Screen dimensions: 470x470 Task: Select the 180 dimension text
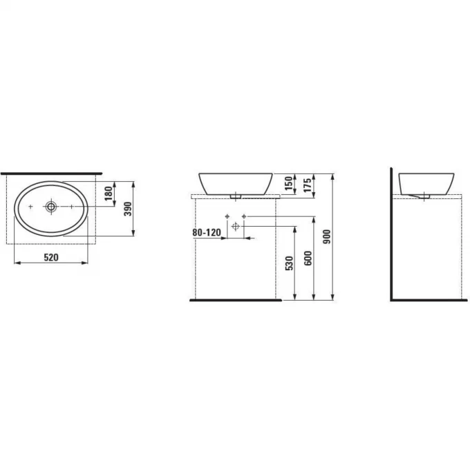click(108, 194)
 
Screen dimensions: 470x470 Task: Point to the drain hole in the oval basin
click(52, 206)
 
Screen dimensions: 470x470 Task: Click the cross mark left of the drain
click(31, 206)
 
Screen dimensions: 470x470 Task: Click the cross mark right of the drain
click(72, 206)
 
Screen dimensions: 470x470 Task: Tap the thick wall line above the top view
click(51, 173)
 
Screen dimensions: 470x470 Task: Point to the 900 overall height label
click(328, 236)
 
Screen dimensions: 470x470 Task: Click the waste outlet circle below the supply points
click(236, 227)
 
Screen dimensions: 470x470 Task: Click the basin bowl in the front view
click(236, 182)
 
